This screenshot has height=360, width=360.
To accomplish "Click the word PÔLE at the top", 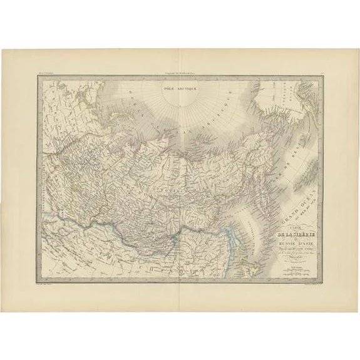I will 167,89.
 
